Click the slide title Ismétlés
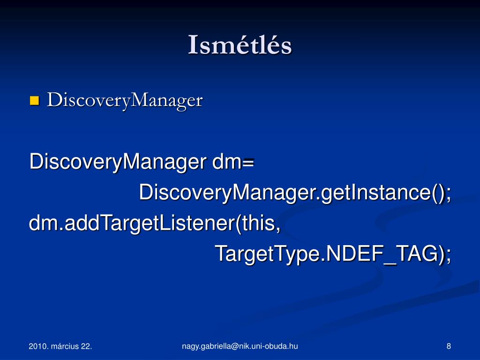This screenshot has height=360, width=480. pyautogui.click(x=240, y=45)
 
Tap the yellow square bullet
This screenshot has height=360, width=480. pyautogui.click(x=34, y=100)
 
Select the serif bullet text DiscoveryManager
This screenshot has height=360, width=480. pyautogui.click(x=125, y=100)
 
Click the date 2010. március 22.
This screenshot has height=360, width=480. pyautogui.click(x=60, y=346)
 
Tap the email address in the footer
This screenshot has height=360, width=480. pyautogui.click(x=240, y=346)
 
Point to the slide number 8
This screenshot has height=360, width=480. pyautogui.click(x=449, y=346)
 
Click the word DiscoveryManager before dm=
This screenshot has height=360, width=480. pyautogui.click(x=118, y=162)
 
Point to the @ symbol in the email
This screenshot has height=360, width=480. pyautogui.click(x=235, y=346)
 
